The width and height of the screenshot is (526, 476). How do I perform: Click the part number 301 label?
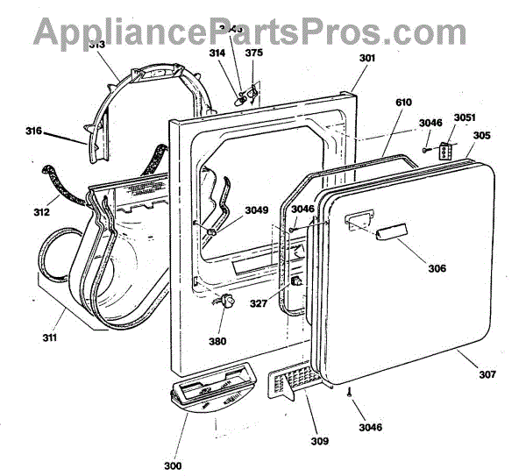tap(342, 59)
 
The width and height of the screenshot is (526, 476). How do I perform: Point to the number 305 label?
tap(482, 136)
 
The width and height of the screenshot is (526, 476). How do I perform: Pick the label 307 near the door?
tap(487, 375)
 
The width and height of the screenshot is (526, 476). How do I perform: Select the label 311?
tap(49, 337)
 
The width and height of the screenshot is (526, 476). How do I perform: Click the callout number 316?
tap(33, 131)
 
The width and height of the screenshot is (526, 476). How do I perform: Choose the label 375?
tap(253, 53)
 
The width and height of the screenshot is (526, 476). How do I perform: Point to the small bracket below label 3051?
tap(449, 153)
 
